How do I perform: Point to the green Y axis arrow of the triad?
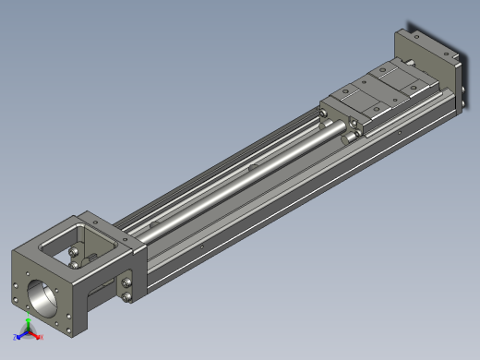(29, 322)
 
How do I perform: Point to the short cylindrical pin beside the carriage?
(354, 137)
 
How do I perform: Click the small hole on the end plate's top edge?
(417, 37)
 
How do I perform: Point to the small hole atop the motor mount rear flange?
(93, 220)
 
